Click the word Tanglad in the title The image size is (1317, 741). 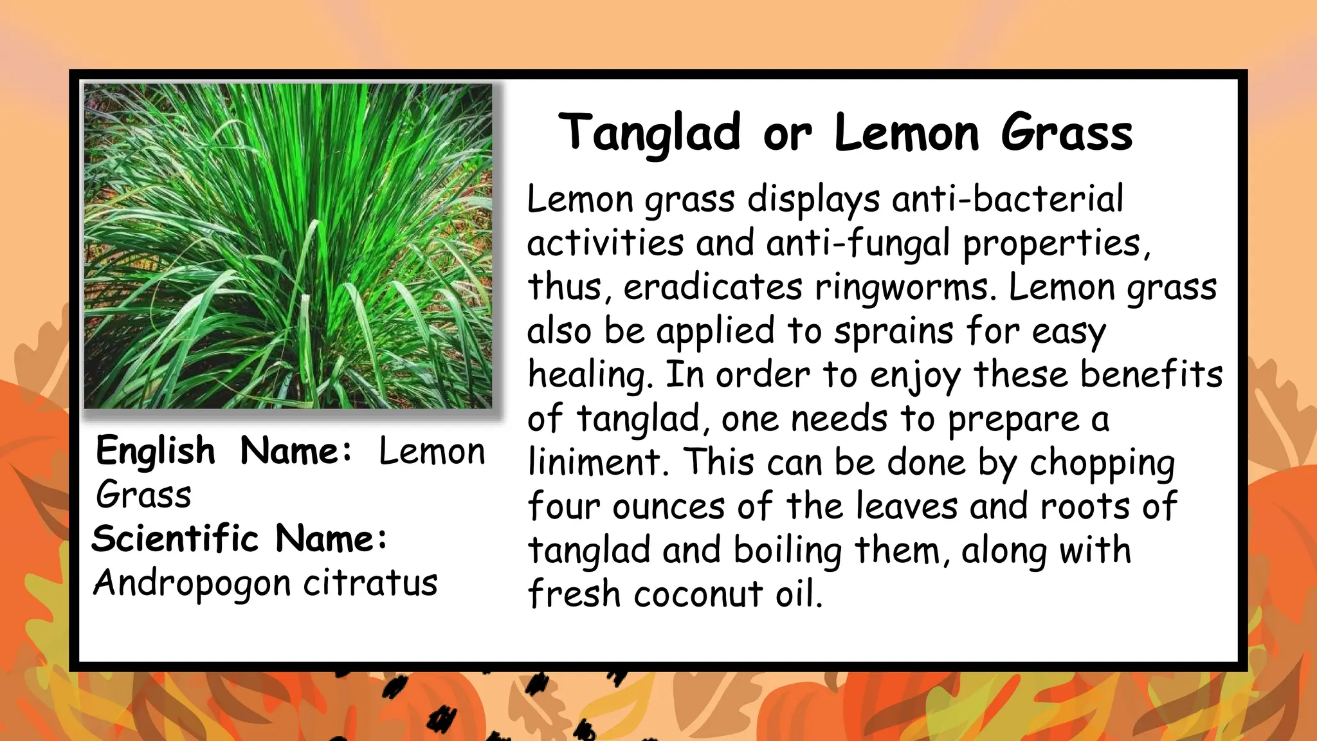[649, 133]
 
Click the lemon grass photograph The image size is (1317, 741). [288, 246]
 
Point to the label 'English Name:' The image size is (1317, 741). [224, 451]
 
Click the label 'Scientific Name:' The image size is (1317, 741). [240, 538]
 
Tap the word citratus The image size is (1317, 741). [370, 583]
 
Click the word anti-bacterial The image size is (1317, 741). [1008, 199]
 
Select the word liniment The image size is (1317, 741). [594, 462]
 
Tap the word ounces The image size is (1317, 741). [668, 507]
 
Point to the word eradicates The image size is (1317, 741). [713, 288]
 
